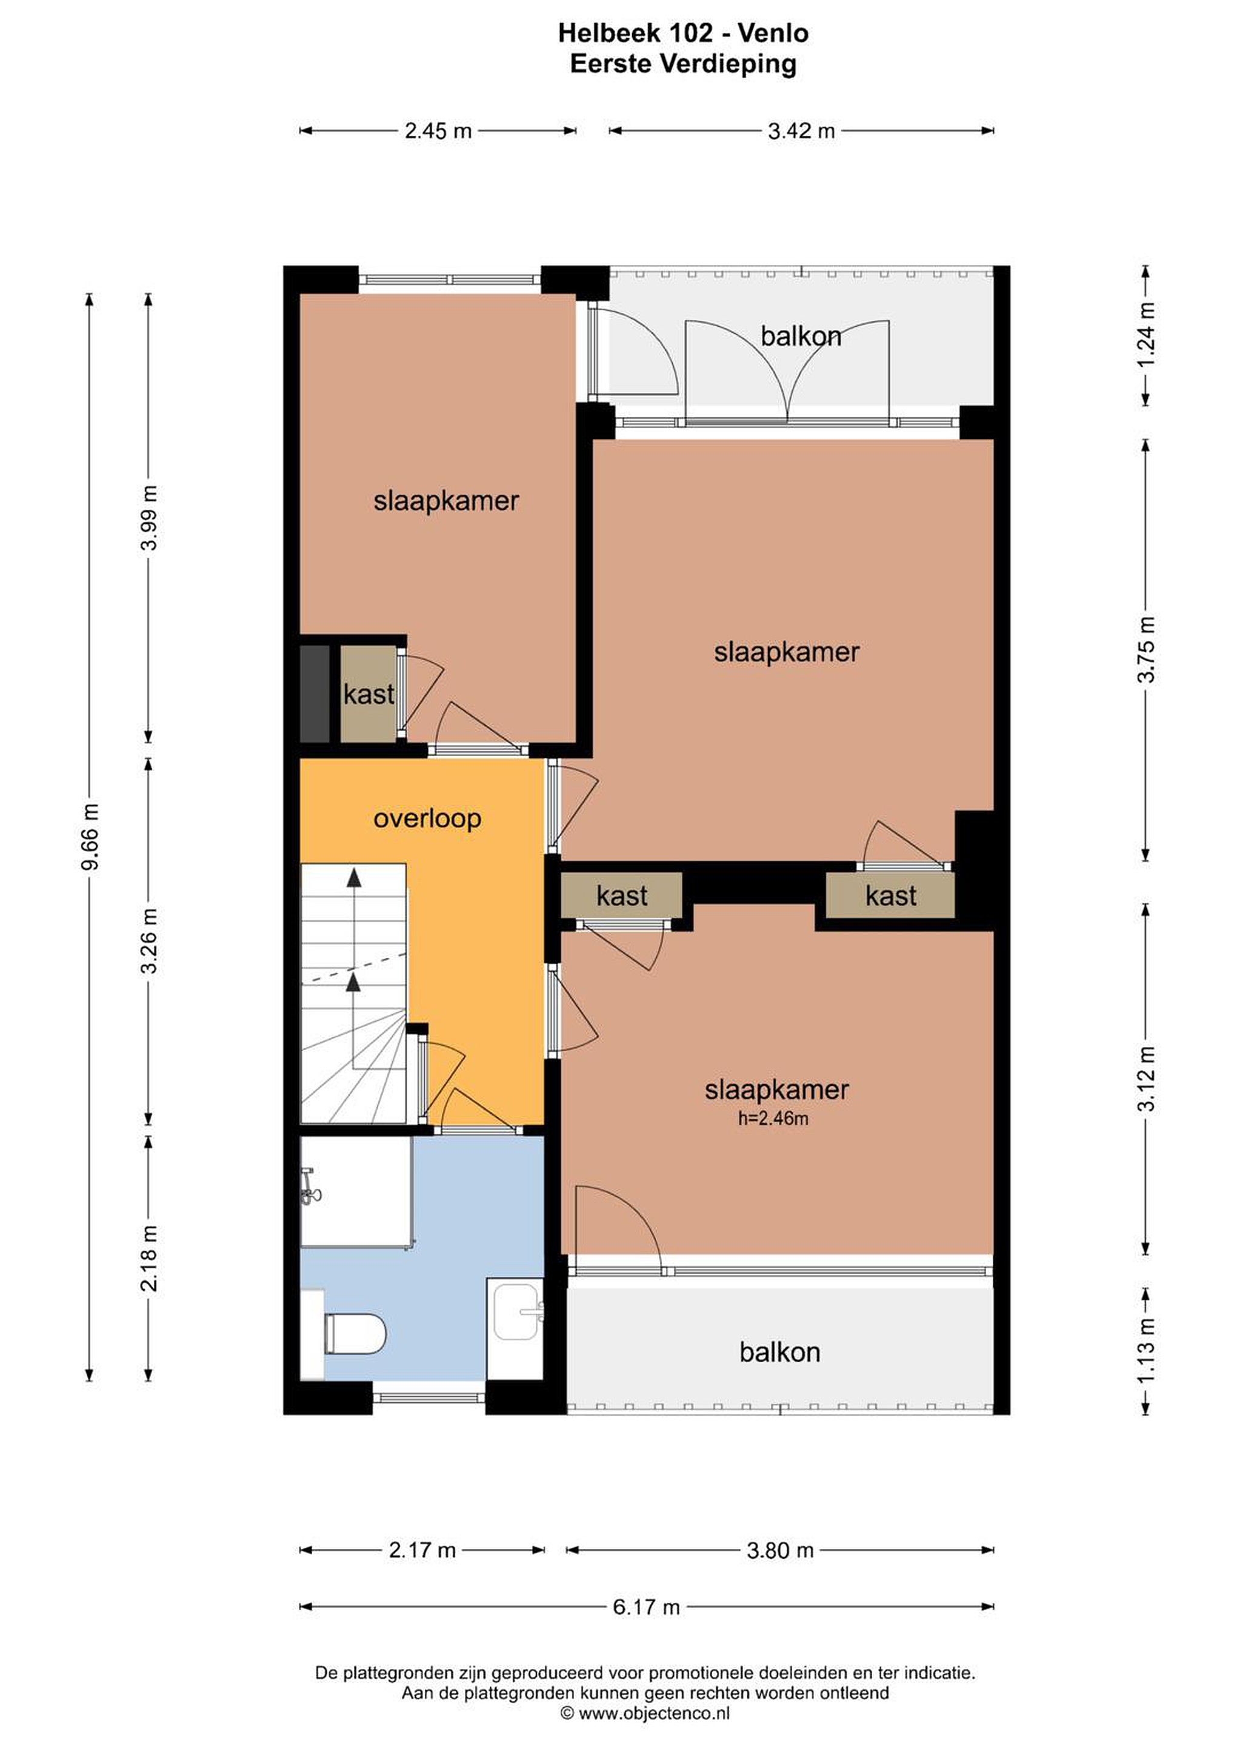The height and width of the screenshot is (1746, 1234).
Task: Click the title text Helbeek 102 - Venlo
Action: pyautogui.click(x=683, y=33)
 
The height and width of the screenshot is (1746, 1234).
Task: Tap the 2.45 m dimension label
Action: pyautogui.click(x=438, y=131)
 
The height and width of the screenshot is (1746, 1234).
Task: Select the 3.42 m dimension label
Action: pyautogui.click(x=801, y=131)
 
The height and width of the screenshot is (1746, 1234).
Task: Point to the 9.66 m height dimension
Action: pyautogui.click(x=90, y=837)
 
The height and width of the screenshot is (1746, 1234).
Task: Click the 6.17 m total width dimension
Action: pyautogui.click(x=646, y=1607)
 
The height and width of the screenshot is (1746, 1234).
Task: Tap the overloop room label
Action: pyautogui.click(x=427, y=818)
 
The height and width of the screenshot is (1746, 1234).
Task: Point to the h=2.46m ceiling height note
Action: pyautogui.click(x=773, y=1118)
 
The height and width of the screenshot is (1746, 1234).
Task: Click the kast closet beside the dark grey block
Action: pyautogui.click(x=369, y=694)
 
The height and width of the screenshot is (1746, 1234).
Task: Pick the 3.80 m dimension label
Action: pyautogui.click(x=780, y=1550)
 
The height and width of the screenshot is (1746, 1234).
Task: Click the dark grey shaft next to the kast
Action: pyautogui.click(x=315, y=694)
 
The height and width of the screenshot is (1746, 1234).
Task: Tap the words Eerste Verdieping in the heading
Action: pyautogui.click(x=683, y=64)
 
